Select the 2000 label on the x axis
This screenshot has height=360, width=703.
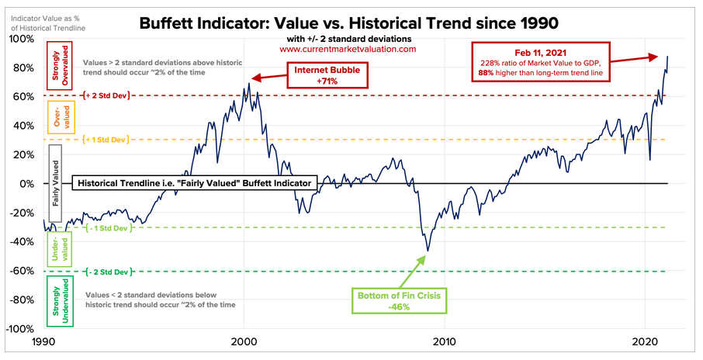244,342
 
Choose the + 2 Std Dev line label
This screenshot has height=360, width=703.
105,96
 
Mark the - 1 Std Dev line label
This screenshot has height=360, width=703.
105,227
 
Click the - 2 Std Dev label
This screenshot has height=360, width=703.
105,272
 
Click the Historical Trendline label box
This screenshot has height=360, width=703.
194,184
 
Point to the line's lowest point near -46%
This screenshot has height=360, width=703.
426,251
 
